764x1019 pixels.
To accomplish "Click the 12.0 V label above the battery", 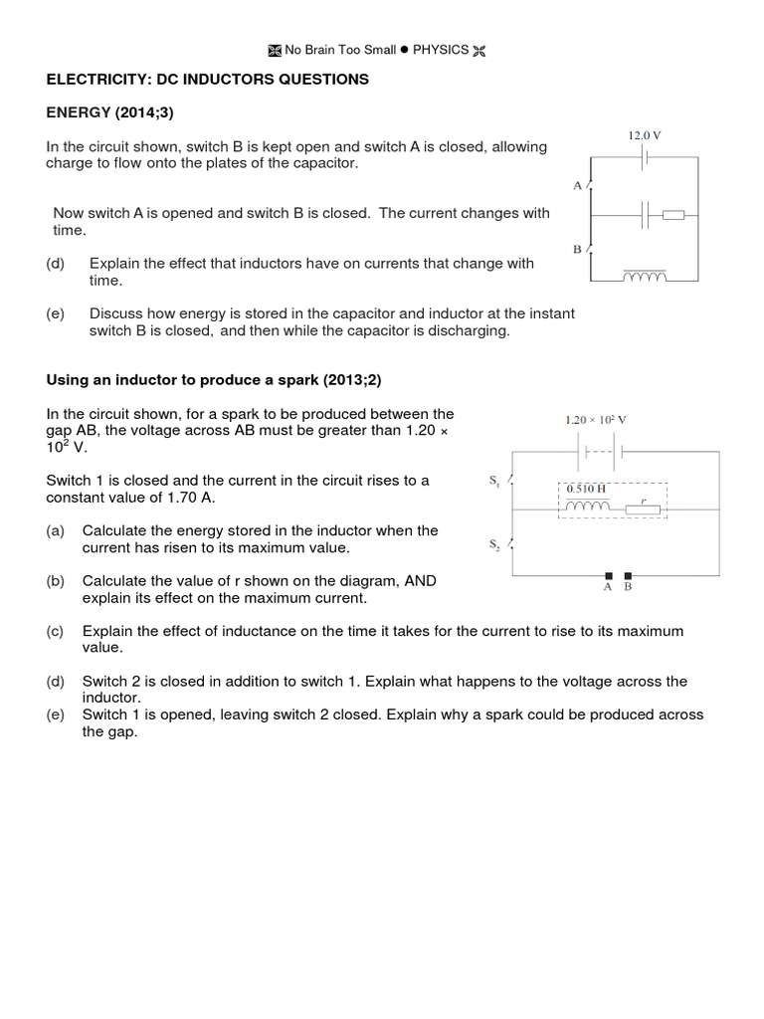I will pos(644,134).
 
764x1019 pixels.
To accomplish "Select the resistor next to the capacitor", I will pos(673,213).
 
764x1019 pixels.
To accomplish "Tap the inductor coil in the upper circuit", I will pos(644,278).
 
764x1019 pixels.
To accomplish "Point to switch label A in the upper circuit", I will pos(577,185).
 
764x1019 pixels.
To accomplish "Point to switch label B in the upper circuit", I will pos(577,250).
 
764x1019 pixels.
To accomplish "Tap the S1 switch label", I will pos(494,482).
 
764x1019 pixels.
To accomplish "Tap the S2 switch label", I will pos(494,544).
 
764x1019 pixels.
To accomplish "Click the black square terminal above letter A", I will pos(607,575).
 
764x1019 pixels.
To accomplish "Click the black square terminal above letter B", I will pos(627,575).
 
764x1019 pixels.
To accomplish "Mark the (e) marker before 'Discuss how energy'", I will pos(56,313).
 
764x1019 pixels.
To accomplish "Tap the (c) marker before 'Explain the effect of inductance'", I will pos(56,631).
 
